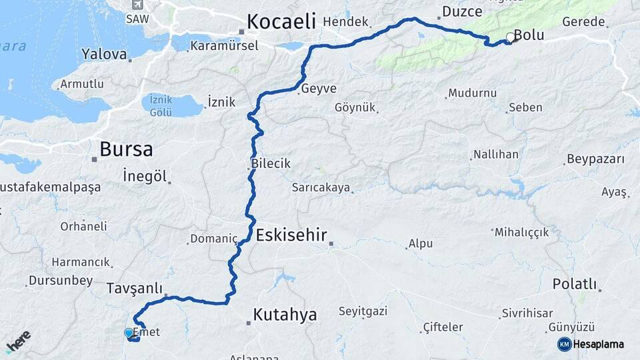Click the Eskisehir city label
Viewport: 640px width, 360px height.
pyautogui.click(x=291, y=235)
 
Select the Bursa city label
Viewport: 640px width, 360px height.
pyautogui.click(x=126, y=149)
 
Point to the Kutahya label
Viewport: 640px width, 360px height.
pyautogui.click(x=285, y=315)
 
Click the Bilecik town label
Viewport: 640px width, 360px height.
pyautogui.click(x=271, y=163)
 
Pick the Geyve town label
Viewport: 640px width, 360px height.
pyautogui.click(x=319, y=89)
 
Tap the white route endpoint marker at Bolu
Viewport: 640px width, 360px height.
pyautogui.click(x=510, y=37)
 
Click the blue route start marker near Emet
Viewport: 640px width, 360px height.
pyautogui.click(x=129, y=332)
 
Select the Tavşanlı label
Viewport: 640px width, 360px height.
pyautogui.click(x=134, y=289)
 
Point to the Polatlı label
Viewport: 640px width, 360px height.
pyautogui.click(x=574, y=284)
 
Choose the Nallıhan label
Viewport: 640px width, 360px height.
pyautogui.click(x=495, y=155)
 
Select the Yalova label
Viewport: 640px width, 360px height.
pyautogui.click(x=104, y=54)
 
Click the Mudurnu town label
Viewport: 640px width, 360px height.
pyautogui.click(x=472, y=94)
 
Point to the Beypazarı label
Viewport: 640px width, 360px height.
pyautogui.click(x=595, y=159)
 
